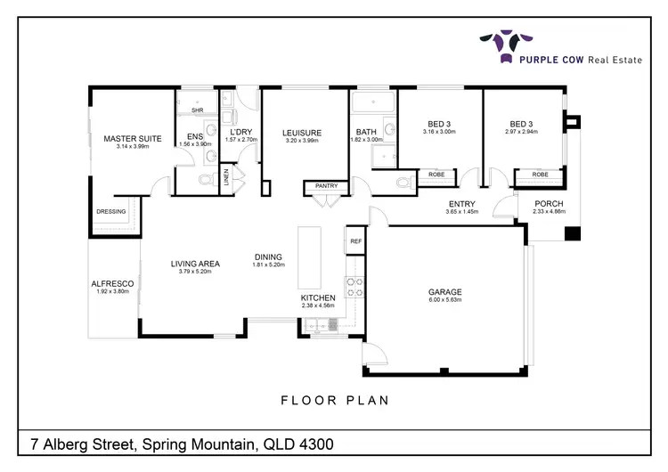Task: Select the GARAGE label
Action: (444, 291)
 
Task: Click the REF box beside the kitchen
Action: (355, 240)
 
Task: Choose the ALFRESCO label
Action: (112, 283)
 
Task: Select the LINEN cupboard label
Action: (225, 177)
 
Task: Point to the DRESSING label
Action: (111, 212)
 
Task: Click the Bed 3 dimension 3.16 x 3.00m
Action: (439, 132)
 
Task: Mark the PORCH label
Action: (549, 203)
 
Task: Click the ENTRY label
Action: (461, 204)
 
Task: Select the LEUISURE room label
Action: (303, 133)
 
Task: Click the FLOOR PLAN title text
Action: (334, 400)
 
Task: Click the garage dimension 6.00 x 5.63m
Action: (444, 300)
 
